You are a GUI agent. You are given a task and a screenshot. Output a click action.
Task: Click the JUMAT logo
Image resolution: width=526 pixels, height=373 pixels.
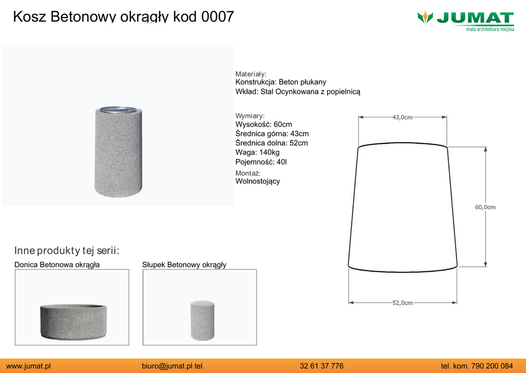coord(465,21)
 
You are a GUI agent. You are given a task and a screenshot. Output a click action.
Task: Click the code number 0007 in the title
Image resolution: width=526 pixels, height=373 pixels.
coord(217,17)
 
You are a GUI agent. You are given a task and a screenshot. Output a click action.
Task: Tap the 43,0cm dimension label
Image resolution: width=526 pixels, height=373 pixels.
coord(402,117)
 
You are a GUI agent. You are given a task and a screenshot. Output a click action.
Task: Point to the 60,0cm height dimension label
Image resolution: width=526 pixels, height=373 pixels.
coord(485,207)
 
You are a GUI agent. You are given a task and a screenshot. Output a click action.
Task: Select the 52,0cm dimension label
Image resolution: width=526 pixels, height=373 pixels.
coord(403,303)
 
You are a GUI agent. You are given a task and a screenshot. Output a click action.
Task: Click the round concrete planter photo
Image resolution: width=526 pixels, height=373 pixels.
coord(73,322)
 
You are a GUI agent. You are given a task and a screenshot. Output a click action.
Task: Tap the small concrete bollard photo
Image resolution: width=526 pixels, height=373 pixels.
coord(202,321)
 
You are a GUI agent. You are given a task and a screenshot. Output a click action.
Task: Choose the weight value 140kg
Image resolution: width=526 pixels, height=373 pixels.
coord(269,153)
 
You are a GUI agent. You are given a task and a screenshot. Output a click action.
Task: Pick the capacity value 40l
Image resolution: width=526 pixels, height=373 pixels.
coord(281,162)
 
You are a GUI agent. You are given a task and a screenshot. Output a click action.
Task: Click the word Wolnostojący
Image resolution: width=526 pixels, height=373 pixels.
coord(258,182)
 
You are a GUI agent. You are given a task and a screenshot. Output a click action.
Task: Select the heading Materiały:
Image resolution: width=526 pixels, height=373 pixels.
coord(251,74)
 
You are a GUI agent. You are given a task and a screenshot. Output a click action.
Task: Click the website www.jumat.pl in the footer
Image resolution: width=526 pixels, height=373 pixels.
coord(29,366)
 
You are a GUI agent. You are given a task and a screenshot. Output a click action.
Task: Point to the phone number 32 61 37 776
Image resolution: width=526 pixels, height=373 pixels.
coord(322,366)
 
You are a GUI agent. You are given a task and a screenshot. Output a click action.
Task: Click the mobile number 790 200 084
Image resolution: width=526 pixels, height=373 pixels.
coord(492,366)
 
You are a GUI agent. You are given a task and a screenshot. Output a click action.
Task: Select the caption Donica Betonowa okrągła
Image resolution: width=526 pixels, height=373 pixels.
coord(57,265)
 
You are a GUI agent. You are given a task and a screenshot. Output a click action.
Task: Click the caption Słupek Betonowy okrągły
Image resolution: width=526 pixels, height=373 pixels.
coord(184,265)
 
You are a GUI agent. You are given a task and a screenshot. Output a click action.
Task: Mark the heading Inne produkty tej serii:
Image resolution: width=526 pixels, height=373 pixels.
coord(67,251)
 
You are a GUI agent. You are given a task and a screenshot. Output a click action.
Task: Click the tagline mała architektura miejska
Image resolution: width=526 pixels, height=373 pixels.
coord(490,29)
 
